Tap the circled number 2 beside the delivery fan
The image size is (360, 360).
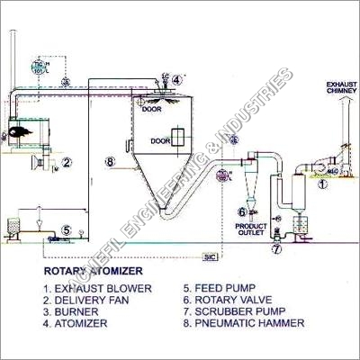click(x=67, y=163)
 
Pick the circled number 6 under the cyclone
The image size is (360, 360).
click(x=242, y=212)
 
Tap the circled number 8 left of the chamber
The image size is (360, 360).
click(x=109, y=162)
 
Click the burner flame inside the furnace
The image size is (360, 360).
click(x=18, y=133)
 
